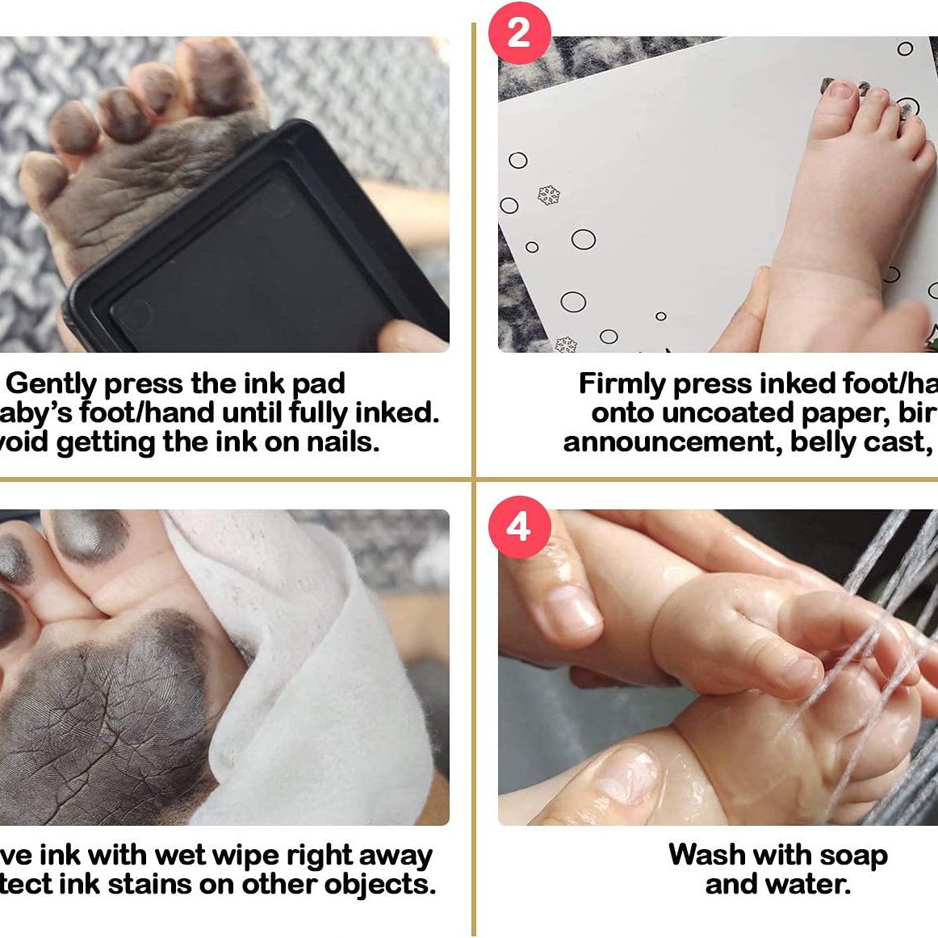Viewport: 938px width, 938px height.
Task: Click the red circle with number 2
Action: tap(518, 33)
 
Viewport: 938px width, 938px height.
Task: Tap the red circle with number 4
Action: tap(518, 527)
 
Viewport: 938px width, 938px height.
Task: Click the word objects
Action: tap(379, 885)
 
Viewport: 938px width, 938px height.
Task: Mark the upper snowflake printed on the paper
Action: tap(549, 195)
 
